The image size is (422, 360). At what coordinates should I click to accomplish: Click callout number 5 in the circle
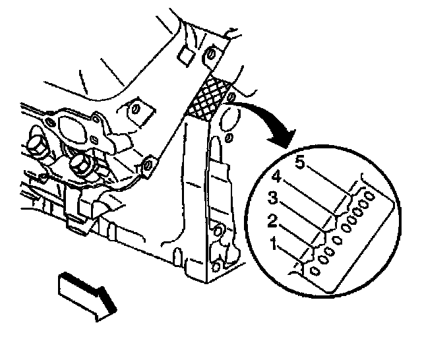[300, 164]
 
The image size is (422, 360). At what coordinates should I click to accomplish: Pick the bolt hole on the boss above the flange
[136, 107]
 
